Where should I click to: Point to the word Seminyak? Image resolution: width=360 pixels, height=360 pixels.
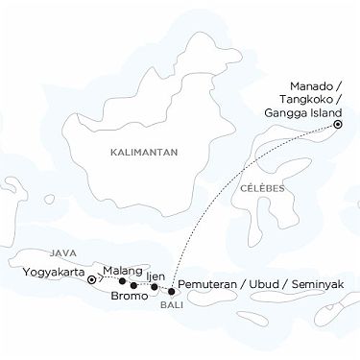point(322,285)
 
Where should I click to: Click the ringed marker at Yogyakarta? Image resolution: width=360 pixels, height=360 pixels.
point(92,281)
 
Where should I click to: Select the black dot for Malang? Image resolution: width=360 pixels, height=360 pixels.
point(121,281)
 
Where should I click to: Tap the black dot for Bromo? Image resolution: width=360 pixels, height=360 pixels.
point(133,285)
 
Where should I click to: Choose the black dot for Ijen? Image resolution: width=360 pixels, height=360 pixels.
point(154,287)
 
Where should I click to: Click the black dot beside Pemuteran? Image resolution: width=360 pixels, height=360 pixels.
point(171,290)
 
